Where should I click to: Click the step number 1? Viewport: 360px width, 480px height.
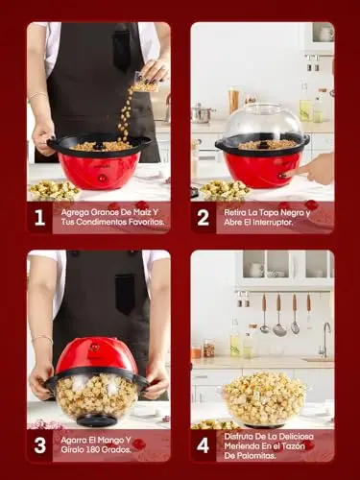point(39,218)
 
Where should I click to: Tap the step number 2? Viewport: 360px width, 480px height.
point(204,218)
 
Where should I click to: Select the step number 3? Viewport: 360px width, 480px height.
point(39,445)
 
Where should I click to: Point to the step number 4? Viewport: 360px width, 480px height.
point(204,445)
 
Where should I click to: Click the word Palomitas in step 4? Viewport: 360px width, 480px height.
point(255,456)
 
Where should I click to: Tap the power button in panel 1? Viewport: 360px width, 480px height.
point(103,178)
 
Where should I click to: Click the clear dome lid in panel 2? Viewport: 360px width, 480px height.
point(263,123)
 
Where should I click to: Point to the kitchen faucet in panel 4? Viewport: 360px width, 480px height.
point(324,340)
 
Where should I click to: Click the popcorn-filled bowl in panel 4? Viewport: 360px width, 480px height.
point(264,399)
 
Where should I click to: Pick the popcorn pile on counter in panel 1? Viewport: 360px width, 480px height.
point(54,189)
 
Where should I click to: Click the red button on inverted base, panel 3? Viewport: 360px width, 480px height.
point(93,347)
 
